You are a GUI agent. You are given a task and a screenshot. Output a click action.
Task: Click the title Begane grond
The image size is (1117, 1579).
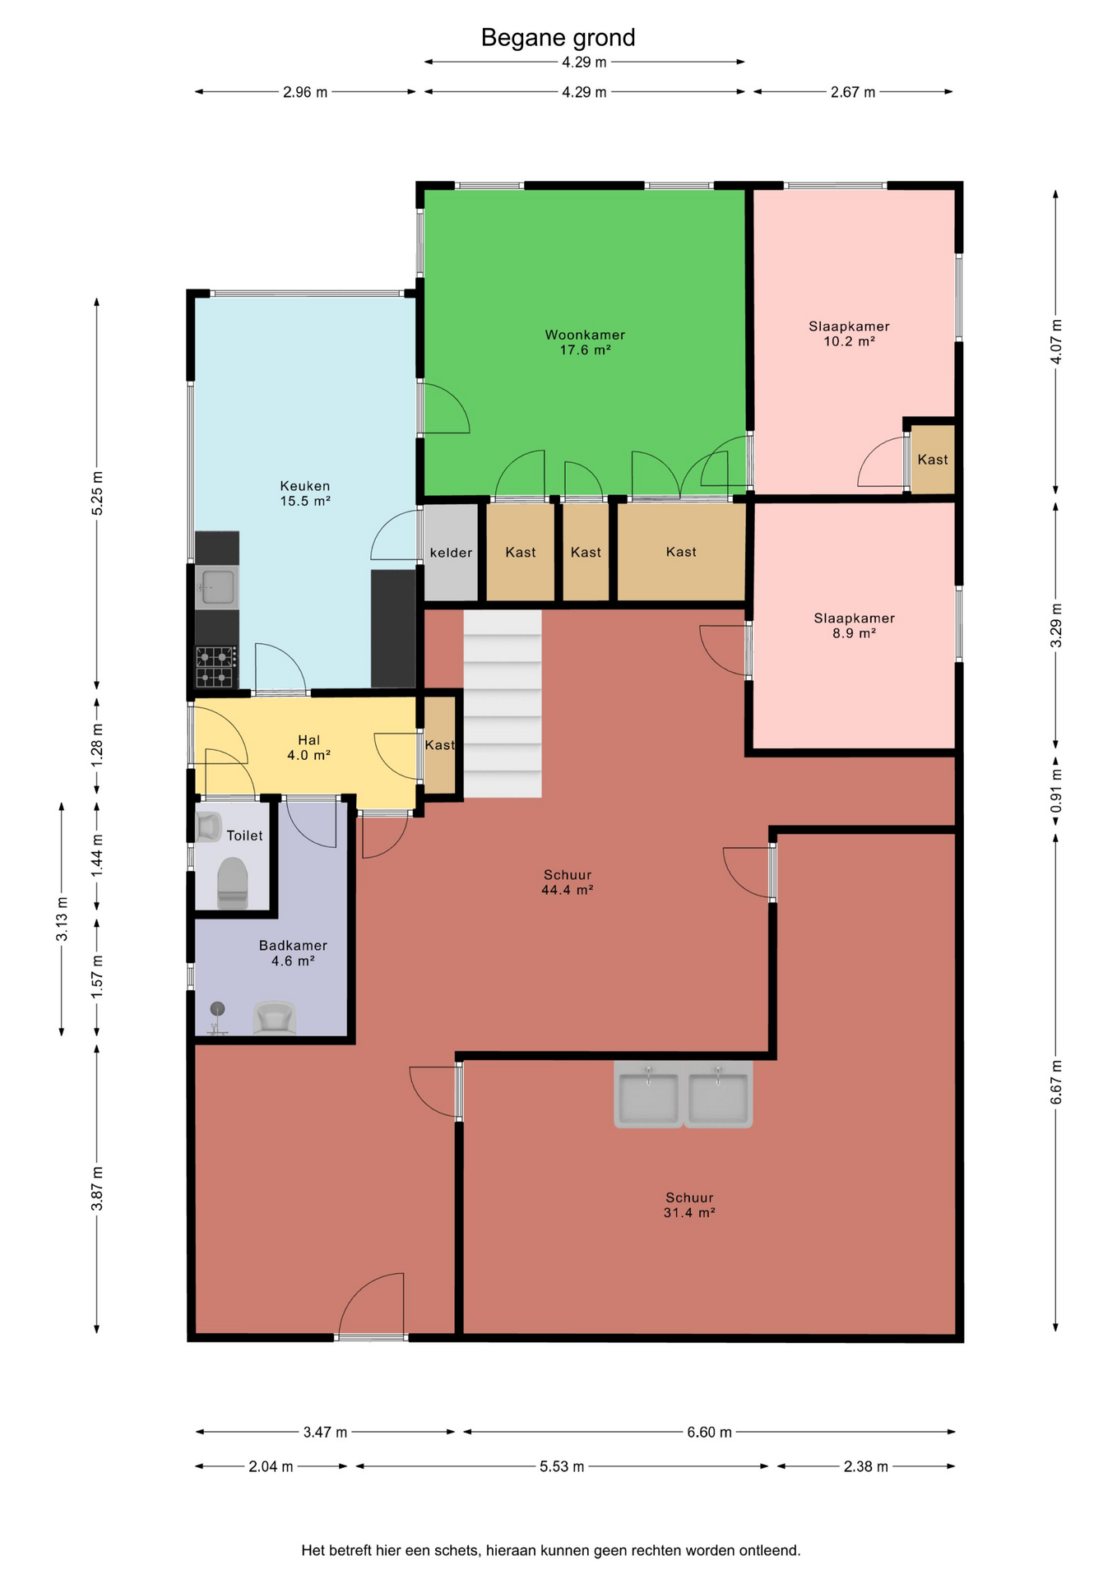click(x=558, y=38)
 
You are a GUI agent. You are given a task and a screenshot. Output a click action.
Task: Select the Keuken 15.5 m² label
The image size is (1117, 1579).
click(x=305, y=493)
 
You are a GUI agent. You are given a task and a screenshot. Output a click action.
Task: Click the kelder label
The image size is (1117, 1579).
click(x=451, y=553)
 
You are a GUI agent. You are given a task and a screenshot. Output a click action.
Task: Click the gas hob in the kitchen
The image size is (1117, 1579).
click(x=216, y=666)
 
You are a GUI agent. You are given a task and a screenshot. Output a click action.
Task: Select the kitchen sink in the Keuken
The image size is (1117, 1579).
click(x=217, y=587)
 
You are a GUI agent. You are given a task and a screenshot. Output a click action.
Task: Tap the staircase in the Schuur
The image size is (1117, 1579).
click(x=503, y=703)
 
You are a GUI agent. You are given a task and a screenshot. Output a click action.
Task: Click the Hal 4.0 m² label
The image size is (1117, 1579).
click(x=308, y=748)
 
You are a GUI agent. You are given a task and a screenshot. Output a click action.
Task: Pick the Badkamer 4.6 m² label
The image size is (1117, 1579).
click(x=293, y=953)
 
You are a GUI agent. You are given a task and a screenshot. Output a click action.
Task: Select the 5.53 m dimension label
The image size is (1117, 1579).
click(x=562, y=1466)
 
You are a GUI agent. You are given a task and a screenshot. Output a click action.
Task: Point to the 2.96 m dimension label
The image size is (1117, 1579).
click(x=305, y=92)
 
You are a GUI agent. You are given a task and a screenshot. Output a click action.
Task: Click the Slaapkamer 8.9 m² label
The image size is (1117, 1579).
click(x=854, y=626)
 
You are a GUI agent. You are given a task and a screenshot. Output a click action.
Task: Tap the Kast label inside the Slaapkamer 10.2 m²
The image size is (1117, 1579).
click(x=933, y=460)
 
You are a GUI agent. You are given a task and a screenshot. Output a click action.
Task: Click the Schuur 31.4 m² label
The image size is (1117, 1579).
click(x=689, y=1205)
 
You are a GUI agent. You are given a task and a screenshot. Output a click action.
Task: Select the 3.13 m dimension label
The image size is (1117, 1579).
click(x=62, y=919)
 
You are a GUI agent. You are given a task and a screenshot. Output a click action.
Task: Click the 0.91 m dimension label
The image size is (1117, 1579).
click(x=1057, y=791)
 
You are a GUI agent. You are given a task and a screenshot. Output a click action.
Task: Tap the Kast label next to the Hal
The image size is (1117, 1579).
click(x=439, y=745)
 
